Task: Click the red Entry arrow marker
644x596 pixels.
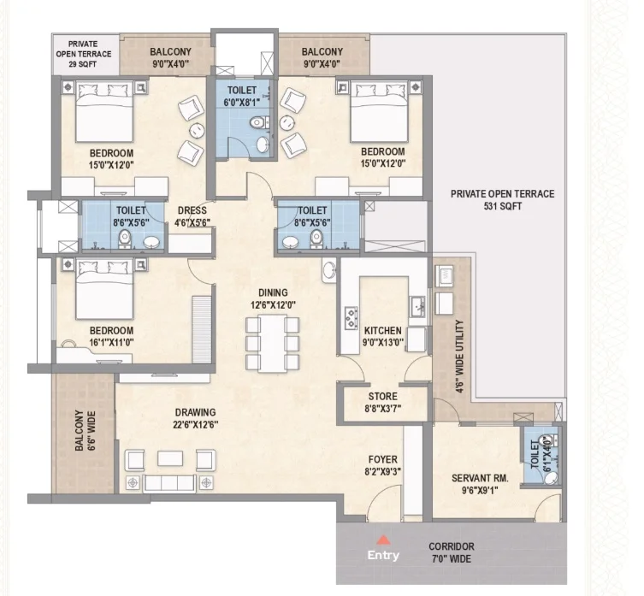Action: coord(383,540)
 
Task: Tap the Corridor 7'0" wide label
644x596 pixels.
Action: coord(452,552)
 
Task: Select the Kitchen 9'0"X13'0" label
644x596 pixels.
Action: coord(383,336)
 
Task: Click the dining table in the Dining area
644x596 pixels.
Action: coord(272,344)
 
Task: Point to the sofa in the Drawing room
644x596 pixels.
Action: coord(169,483)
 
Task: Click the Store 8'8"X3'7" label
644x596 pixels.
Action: coord(383,402)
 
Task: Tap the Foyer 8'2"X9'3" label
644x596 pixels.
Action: coord(383,465)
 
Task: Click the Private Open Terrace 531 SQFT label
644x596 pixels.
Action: coord(502,199)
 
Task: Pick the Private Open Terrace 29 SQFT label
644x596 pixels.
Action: coord(83,54)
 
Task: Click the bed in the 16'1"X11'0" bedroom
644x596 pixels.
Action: coord(104,289)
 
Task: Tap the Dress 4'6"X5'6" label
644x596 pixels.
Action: coord(192,216)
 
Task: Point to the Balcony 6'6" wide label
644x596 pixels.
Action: coord(85,431)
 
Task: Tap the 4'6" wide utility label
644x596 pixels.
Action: coord(459,357)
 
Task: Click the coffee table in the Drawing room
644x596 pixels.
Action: coord(170,459)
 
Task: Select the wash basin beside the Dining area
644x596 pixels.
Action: coord(329,270)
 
